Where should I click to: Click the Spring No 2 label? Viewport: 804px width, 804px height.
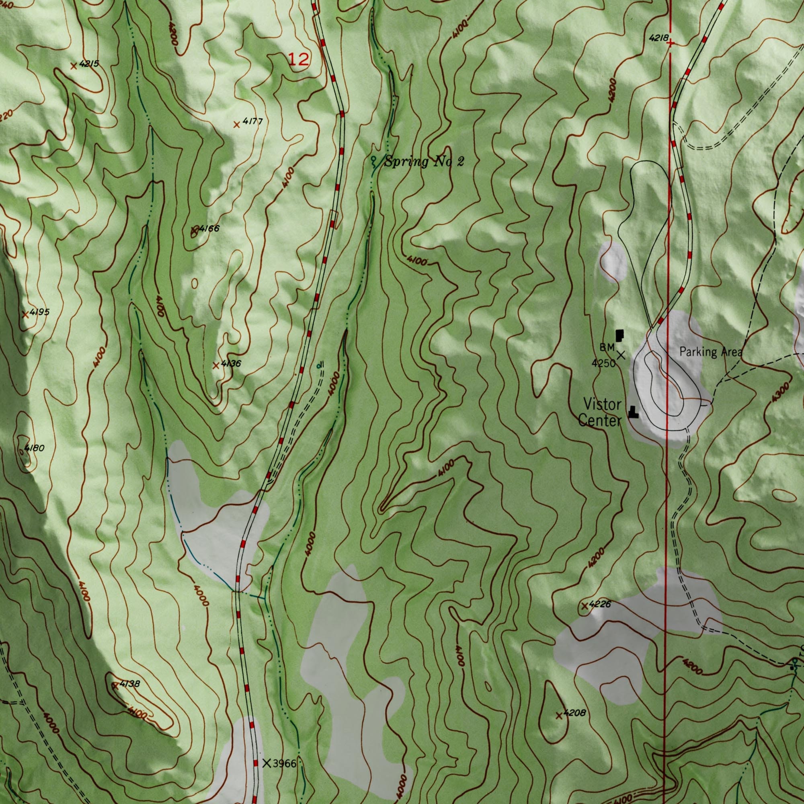pos(423,162)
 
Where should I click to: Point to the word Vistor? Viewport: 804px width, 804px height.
pos(602,404)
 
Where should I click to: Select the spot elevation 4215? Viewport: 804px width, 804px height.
pos(89,64)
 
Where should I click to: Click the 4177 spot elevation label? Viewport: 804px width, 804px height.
pos(252,121)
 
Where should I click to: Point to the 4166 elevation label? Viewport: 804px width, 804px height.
pos(209,228)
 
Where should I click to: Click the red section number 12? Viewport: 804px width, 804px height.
pos(299,60)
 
